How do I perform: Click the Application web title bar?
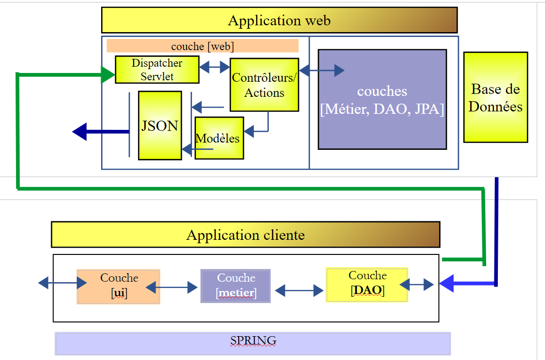pyautogui.click(x=279, y=20)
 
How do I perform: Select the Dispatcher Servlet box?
pyautogui.click(x=157, y=70)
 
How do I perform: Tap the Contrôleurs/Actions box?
pyautogui.click(x=264, y=85)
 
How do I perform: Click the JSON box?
pyautogui.click(x=159, y=126)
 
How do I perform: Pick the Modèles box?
pyautogui.click(x=219, y=138)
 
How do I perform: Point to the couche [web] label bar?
pyautogui.click(x=202, y=46)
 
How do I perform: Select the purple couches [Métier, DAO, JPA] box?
pyautogui.click(x=382, y=99)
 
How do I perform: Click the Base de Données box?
pyautogui.click(x=495, y=97)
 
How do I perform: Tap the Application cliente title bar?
pyautogui.click(x=246, y=235)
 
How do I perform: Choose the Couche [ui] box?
pyautogui.click(x=119, y=287)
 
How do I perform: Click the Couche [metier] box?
pyautogui.click(x=236, y=287)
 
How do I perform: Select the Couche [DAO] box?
pyautogui.click(x=367, y=284)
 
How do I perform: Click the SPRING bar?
pyautogui.click(x=253, y=343)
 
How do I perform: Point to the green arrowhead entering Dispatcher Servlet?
pyautogui.click(x=108, y=74)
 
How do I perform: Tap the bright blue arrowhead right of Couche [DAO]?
pyautogui.click(x=446, y=283)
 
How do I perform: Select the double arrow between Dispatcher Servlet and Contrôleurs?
pyautogui.click(x=214, y=67)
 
